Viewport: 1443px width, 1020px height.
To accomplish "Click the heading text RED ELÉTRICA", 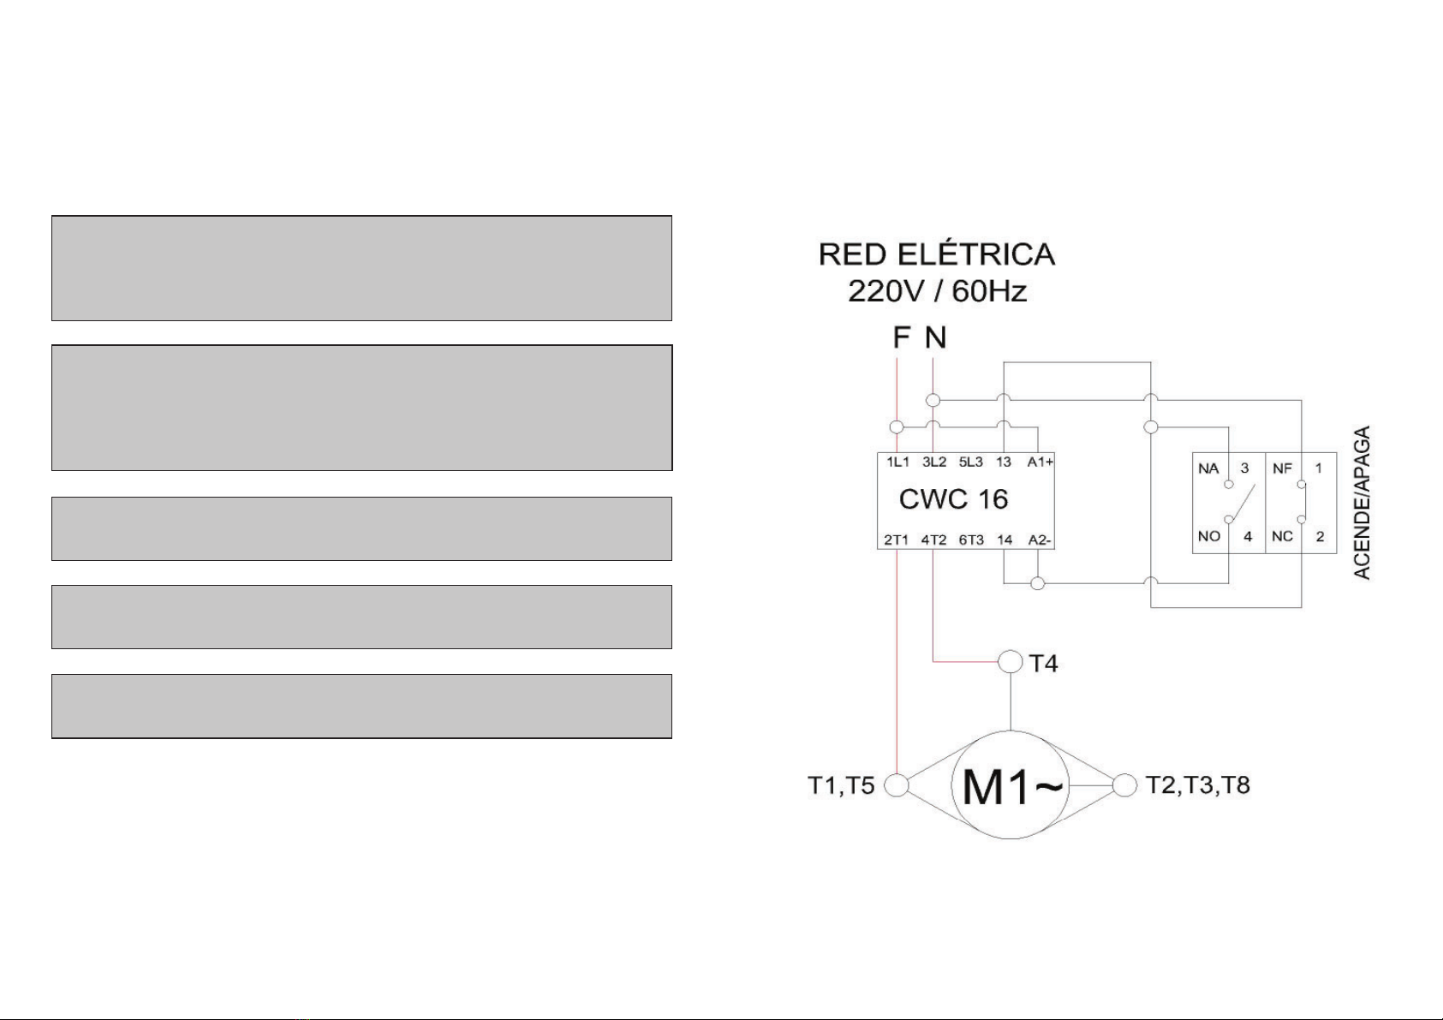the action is click(x=937, y=254).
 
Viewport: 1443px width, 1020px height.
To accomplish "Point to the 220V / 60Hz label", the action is click(x=937, y=291).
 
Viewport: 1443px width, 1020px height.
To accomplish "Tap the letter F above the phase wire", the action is click(x=901, y=337).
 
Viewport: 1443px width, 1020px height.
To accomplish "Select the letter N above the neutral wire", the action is click(x=936, y=337).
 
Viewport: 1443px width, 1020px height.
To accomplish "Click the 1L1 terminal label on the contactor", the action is click(x=898, y=462).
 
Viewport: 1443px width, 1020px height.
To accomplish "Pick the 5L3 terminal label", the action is click(x=971, y=462).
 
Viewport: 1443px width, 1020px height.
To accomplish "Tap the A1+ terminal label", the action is click(x=1041, y=462).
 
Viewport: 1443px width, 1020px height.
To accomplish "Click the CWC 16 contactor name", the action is click(x=953, y=499).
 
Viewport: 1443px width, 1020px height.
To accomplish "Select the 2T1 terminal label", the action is click(x=896, y=540).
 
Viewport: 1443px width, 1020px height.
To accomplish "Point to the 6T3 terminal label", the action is click(x=971, y=540).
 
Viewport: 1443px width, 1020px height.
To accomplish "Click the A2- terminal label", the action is click(x=1039, y=540).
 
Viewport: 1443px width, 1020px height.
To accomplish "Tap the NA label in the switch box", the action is click(x=1208, y=468).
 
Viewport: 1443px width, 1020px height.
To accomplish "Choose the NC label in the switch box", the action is click(x=1282, y=536).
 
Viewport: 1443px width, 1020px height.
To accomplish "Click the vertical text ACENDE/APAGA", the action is click(x=1362, y=503).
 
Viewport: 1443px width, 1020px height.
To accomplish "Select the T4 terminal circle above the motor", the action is click(x=1011, y=661).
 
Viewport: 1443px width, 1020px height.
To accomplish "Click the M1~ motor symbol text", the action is click(x=1011, y=787).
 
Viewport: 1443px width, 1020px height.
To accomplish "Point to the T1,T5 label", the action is click(x=841, y=785).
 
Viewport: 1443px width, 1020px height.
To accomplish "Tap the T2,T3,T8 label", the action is click(x=1197, y=784).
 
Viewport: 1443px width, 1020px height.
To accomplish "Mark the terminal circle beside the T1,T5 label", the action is click(x=896, y=785).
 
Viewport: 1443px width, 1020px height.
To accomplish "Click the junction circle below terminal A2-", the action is click(x=1038, y=584).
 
